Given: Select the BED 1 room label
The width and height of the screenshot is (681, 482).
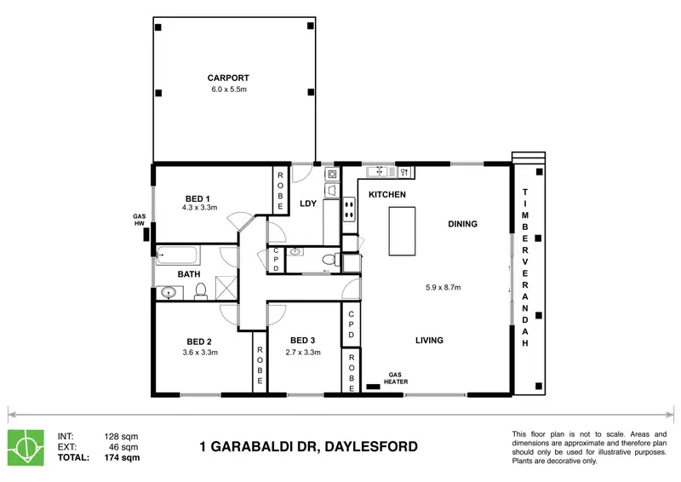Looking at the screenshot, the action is coord(197,198).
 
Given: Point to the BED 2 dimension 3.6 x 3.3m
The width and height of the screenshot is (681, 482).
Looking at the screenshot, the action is coord(201,352).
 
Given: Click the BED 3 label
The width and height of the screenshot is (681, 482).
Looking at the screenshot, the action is coord(302,339).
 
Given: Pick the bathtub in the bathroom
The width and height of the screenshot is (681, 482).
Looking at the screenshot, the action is coord(176,254).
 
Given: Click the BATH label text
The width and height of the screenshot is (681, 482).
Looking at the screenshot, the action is coord(189,274).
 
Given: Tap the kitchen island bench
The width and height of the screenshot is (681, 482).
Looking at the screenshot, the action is coord(406,229).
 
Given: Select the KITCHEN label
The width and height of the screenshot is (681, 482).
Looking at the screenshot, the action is coord(386,195).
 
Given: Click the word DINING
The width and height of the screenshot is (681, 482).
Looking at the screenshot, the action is coord(462,224).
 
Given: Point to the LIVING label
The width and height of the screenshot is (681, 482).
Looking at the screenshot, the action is coord(429,341).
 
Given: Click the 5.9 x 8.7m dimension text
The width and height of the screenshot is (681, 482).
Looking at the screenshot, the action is coord(443,287).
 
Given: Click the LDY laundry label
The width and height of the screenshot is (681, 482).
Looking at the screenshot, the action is coord(308,204).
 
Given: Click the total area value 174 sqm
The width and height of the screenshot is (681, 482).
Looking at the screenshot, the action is coord(122,458).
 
